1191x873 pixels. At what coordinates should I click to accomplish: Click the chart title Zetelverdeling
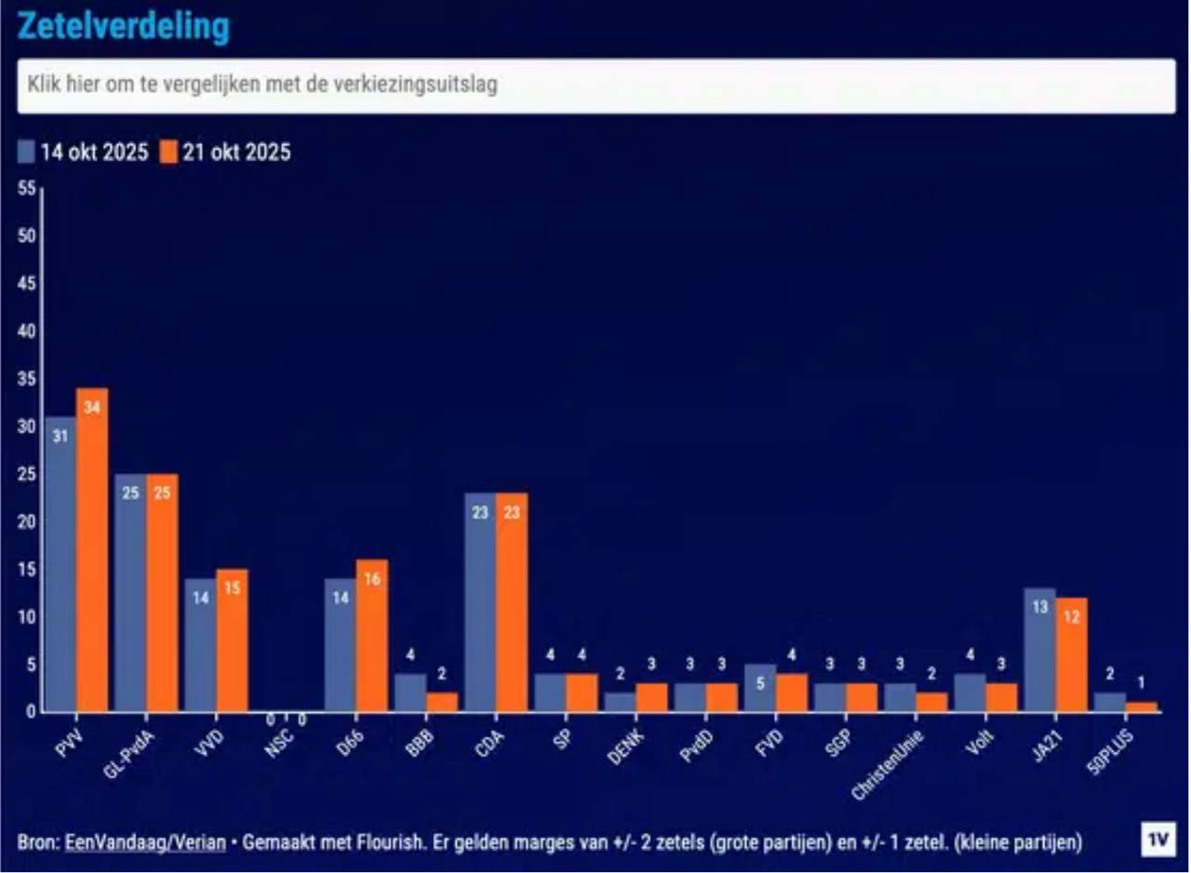point(124,27)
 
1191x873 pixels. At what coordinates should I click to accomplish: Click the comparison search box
point(595,86)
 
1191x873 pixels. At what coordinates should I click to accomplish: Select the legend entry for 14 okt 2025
point(84,153)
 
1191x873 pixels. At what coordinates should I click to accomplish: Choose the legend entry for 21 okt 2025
point(225,153)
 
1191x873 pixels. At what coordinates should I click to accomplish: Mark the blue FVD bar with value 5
point(760,688)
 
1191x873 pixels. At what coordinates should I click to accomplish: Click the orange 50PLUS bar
point(1142,706)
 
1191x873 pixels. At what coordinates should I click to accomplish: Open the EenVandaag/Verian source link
point(145,842)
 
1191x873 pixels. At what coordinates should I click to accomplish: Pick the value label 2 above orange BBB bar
point(442,674)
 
